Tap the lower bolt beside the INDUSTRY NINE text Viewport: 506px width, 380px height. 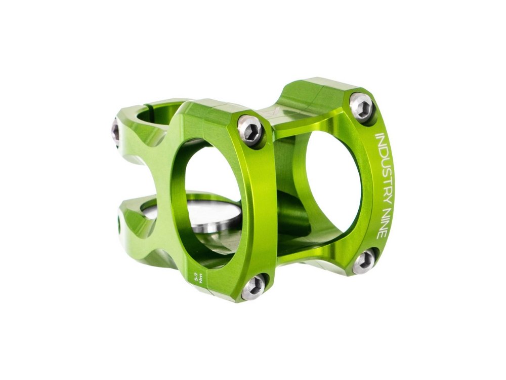pyautogui.click(x=363, y=261)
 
